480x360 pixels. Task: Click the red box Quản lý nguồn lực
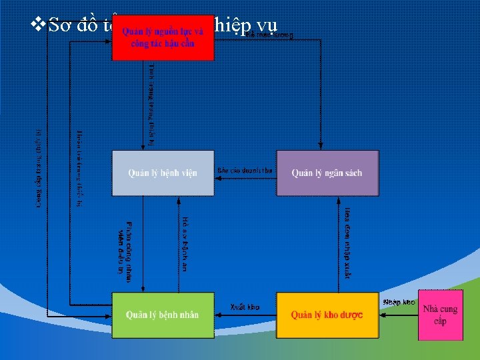coord(163,38)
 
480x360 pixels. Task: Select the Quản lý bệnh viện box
coord(163,173)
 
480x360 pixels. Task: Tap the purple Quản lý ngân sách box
coord(327,173)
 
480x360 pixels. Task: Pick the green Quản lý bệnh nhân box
coord(163,315)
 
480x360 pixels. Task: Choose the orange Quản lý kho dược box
coord(327,315)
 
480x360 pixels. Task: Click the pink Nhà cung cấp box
coord(440,315)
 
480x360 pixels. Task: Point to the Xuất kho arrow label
coord(245,307)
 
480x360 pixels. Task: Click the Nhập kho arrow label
coord(399,302)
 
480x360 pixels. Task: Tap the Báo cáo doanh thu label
coord(245,171)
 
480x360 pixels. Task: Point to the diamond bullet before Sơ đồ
coord(38,25)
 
